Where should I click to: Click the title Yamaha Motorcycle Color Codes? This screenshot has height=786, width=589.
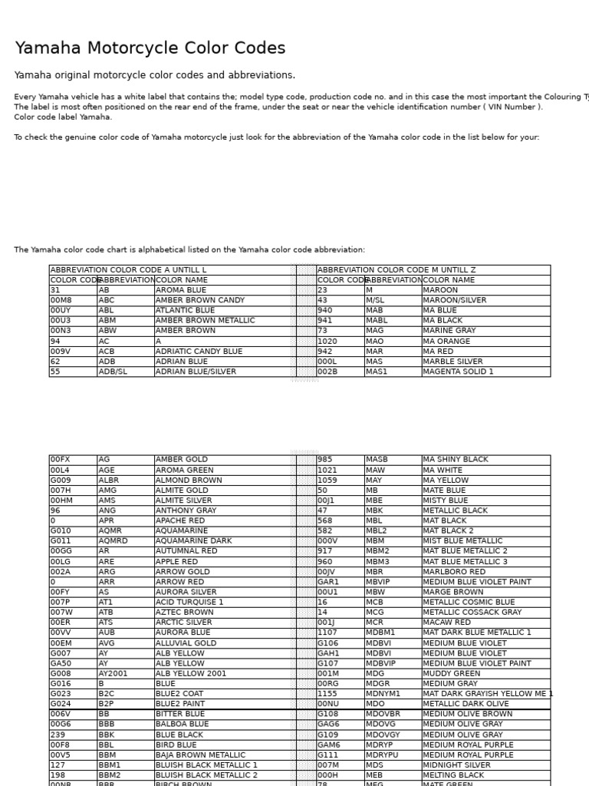tap(150, 49)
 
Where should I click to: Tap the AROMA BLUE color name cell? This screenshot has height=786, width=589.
tap(181, 291)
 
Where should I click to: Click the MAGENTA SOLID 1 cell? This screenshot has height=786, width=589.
tap(459, 372)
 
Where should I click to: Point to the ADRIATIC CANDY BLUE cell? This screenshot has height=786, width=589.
tap(199, 352)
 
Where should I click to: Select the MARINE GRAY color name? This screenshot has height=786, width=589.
tap(449, 331)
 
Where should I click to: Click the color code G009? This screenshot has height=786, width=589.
tap(61, 481)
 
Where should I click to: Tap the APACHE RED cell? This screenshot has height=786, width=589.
tap(181, 521)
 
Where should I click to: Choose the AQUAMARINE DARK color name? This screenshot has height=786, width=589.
tap(193, 541)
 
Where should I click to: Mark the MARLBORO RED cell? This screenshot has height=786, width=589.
tap(454, 572)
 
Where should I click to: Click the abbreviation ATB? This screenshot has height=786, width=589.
tap(106, 613)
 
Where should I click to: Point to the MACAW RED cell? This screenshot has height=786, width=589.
tap(447, 623)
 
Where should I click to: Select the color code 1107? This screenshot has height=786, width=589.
tap(327, 633)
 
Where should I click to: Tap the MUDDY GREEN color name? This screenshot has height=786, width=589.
tap(452, 674)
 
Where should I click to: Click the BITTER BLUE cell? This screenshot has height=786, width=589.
tap(180, 714)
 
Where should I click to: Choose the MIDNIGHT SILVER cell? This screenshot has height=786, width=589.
tap(457, 765)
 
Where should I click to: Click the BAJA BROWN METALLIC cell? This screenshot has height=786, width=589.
tap(200, 755)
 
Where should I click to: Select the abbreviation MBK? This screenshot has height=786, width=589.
tap(374, 510)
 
